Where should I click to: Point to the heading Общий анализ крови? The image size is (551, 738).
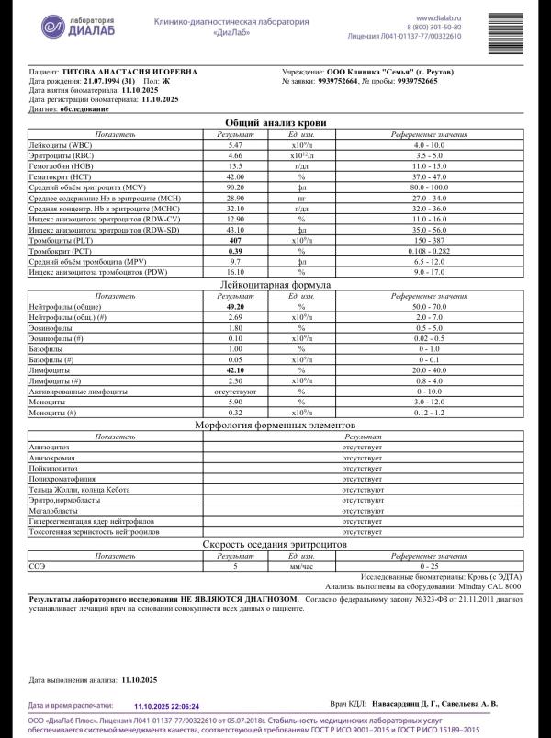pos(275,122)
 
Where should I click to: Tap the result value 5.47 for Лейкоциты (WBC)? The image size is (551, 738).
pos(235,145)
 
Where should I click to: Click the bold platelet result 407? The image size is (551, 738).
pos(235,240)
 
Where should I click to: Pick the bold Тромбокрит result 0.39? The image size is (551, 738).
pos(235,251)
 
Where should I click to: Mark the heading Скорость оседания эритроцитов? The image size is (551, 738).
pos(275,545)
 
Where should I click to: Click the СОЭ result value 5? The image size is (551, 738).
pos(235,567)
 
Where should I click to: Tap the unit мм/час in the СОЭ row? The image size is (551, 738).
pos(300,567)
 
